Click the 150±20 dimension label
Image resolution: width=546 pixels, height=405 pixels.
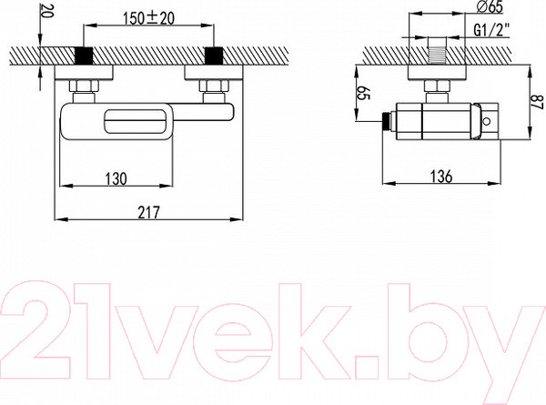(148, 18)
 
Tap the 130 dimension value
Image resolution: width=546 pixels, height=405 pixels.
(116, 179)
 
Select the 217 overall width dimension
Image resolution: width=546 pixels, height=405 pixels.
(148, 212)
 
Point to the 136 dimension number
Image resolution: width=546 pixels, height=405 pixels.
(441, 177)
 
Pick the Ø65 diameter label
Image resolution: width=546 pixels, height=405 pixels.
(489, 6)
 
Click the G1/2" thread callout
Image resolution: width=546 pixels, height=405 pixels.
(491, 30)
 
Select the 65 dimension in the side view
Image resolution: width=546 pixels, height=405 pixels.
(363, 93)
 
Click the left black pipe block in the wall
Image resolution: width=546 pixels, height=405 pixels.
(84, 55)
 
